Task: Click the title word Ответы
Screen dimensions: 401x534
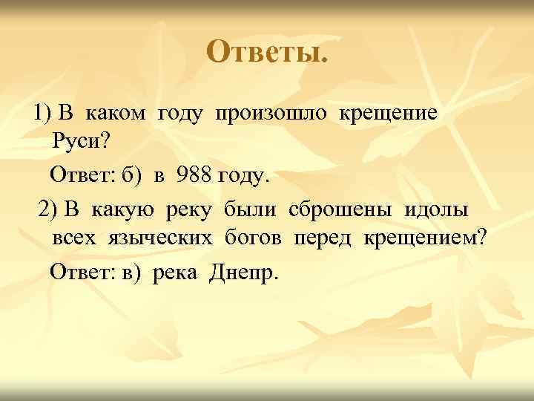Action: (266, 51)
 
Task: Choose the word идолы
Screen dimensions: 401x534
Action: (436, 210)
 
